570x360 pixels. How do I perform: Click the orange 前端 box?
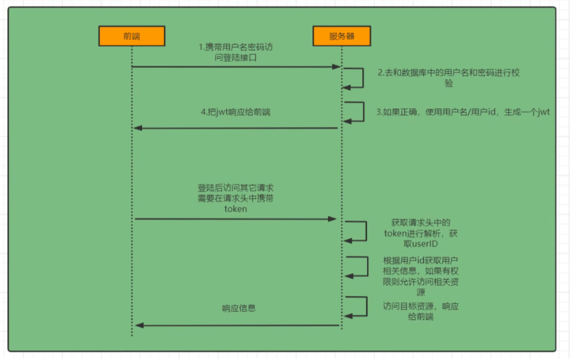(131, 36)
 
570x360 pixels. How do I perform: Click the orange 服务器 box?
(342, 36)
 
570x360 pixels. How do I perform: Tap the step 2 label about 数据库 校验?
(449, 78)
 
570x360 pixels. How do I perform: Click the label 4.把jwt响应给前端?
(236, 112)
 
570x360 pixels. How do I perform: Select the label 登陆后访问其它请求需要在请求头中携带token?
(236, 197)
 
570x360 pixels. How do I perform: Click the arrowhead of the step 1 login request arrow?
(337, 67)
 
